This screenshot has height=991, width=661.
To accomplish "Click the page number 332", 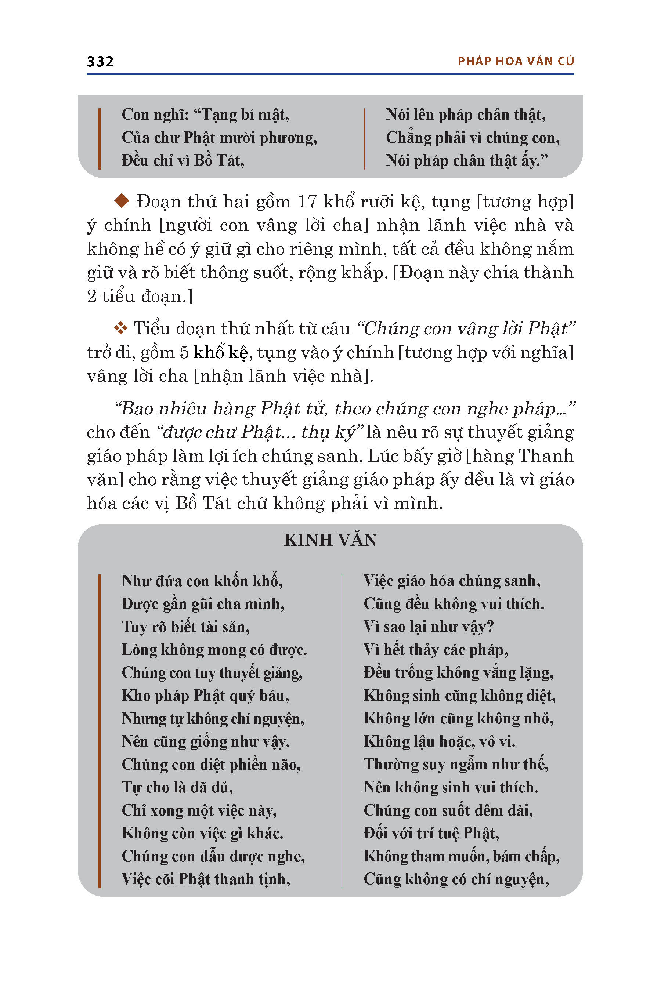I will tap(100, 62).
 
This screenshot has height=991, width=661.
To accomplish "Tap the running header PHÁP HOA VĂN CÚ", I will tap(516, 62).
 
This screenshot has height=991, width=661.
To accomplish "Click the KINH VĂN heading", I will tap(330, 540).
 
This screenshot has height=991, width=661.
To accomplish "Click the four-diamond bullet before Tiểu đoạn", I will tap(121, 328).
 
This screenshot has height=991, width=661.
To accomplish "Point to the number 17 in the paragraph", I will tap(307, 202).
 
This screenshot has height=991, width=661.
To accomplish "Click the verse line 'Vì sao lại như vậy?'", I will tap(428, 627).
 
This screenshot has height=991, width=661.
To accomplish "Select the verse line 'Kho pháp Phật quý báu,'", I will tap(205, 696).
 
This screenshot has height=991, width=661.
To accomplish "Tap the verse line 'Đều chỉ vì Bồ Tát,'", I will tap(183, 160).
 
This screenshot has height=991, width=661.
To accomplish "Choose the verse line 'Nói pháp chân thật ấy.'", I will tap(467, 160).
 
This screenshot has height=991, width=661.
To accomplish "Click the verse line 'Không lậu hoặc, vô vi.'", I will tap(439, 741).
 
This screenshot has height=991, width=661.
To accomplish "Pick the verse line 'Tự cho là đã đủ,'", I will tap(177, 788).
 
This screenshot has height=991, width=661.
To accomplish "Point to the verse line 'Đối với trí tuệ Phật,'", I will tap(431, 834).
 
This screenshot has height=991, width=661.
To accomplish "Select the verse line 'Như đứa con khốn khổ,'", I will tap(202, 581).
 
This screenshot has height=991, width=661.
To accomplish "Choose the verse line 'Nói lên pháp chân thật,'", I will tap(465, 115).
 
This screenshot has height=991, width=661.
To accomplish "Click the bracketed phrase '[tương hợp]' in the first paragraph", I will tap(525, 202).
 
